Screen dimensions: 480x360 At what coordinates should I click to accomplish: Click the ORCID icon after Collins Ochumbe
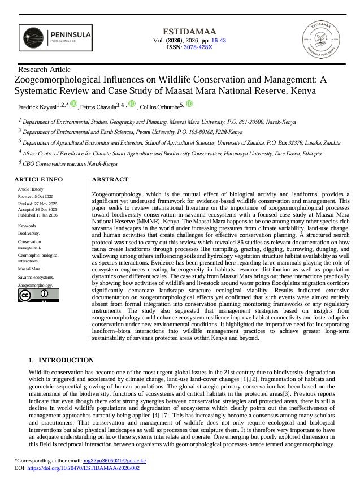pyautogui.click(x=189, y=103)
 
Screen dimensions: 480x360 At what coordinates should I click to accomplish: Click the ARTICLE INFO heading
pyautogui.click(x=38, y=180)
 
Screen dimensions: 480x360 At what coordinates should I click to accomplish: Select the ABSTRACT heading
pyautogui.click(x=110, y=180)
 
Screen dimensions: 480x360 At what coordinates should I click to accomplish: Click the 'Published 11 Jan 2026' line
pyautogui.click(x=41, y=215)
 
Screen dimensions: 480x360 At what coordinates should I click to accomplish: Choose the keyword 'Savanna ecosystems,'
pyautogui.click(x=36, y=277)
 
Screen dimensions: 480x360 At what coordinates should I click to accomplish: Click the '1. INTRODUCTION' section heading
pyautogui.click(x=61, y=360)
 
